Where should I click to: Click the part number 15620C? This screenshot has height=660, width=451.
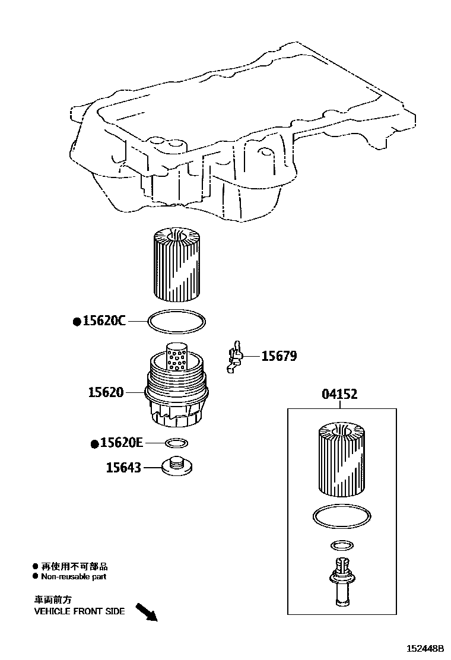pos(104,321)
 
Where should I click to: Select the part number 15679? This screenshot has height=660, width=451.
pos(279,356)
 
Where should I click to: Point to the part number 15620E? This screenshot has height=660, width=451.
pos(122,443)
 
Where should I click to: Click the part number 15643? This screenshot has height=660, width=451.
pos(123,468)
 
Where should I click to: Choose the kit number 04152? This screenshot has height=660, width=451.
pos(339,394)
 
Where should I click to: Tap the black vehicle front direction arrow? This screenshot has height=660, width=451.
pos(146,612)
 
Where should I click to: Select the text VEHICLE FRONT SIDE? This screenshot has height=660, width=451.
pos(79,611)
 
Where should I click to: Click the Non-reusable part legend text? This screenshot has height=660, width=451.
pos(74,576)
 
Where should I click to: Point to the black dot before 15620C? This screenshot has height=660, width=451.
pos(77,322)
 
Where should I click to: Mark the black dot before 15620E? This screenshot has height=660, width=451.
pos(94,443)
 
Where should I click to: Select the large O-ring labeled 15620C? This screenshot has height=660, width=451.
pos(177,321)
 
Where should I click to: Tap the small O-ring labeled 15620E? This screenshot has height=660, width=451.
pos(176,443)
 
